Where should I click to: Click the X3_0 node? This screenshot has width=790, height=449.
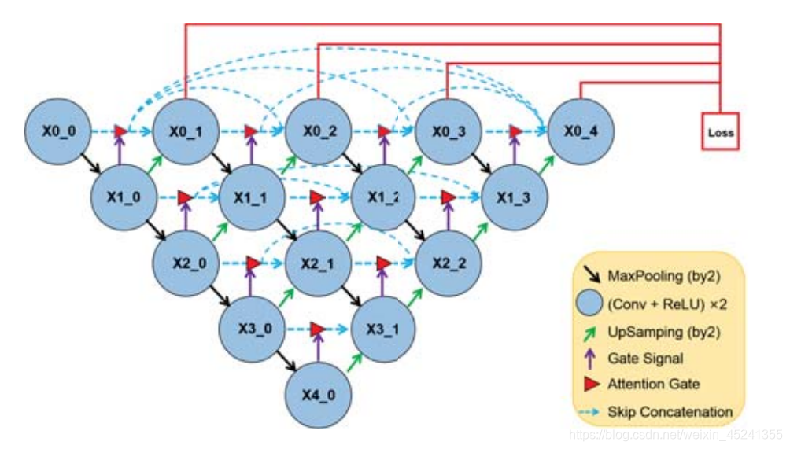[x=251, y=329]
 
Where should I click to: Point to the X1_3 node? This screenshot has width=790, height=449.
[x=514, y=197]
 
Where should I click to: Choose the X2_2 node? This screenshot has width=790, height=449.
[x=449, y=263]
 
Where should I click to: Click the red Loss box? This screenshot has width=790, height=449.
[x=720, y=132]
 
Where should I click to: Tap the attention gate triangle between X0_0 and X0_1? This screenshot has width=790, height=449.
[x=120, y=131]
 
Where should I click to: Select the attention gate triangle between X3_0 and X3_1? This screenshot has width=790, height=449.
[x=317, y=329]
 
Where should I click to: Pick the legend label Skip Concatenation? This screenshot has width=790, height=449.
[x=670, y=411]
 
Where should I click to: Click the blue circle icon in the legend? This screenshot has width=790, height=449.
[x=591, y=304]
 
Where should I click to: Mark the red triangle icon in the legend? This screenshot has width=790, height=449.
[x=591, y=385]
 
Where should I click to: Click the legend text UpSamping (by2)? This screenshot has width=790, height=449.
[x=652, y=331]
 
